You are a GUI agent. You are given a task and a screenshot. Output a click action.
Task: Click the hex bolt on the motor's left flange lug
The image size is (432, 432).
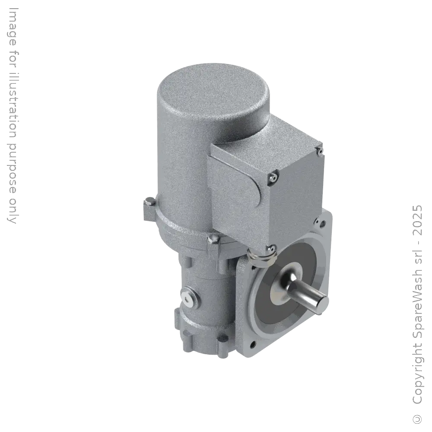[x=149, y=201]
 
